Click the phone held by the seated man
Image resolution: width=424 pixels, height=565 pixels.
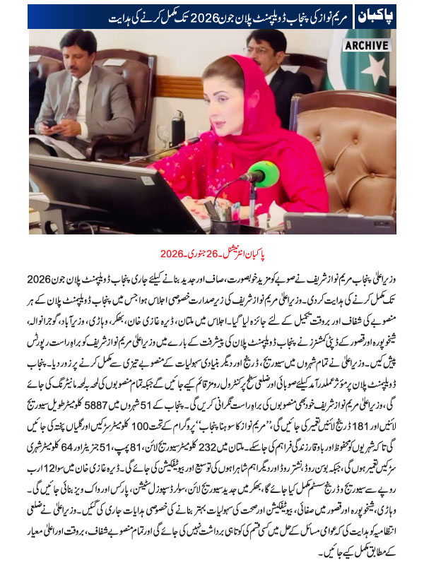pyautogui.click(x=51, y=124)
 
